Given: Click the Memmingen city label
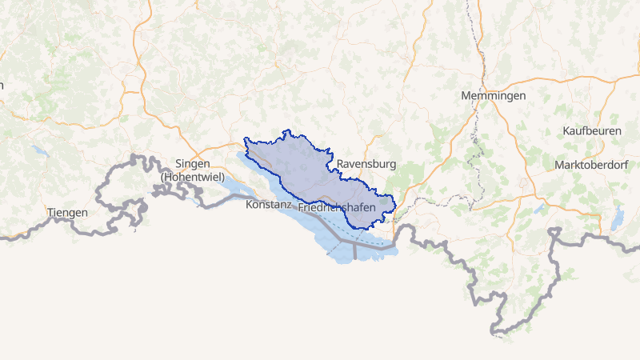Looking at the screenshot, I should pyautogui.click(x=494, y=96).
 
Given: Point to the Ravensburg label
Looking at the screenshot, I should pyautogui.click(x=366, y=165).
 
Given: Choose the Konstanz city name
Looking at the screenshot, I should pyautogui.click(x=270, y=206).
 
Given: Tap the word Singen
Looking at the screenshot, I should pyautogui.click(x=192, y=163).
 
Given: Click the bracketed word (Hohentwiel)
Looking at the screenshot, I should pyautogui.click(x=192, y=176).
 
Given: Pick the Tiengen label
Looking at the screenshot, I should pyautogui.click(x=67, y=213).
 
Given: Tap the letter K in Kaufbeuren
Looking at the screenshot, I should pyautogui.click(x=566, y=130).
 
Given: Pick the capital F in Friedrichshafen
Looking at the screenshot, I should pyautogui.click(x=301, y=207).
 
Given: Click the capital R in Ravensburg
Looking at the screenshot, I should pyautogui.click(x=341, y=165).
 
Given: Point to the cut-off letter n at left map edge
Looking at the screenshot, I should pyautogui.click(x=2, y=85).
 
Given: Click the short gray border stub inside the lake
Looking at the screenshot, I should pyautogui.click(x=354, y=251).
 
